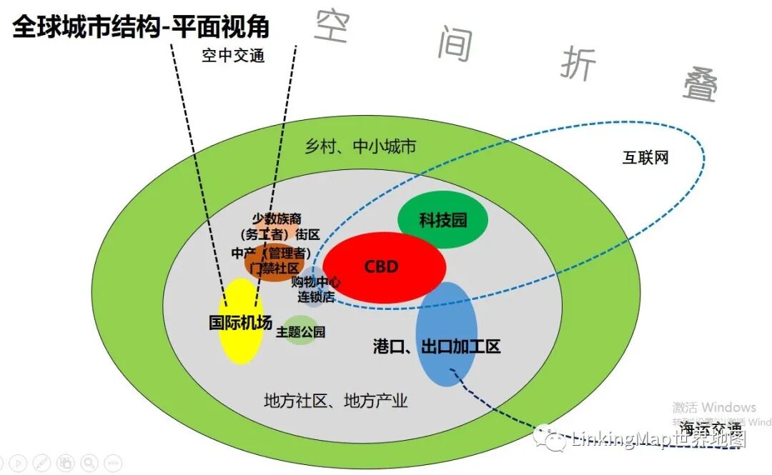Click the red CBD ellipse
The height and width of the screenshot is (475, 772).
385,266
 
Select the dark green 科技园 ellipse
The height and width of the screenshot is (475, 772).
442,219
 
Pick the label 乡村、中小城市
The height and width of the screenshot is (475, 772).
360,147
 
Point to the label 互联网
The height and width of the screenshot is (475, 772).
645,158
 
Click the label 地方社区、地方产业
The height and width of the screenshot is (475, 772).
335,401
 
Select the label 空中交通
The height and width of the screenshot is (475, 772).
233,56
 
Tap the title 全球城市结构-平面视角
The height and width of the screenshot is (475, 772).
141,26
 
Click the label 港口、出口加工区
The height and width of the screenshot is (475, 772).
437,347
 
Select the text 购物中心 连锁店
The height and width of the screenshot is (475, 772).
315,289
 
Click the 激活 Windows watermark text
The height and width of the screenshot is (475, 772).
713,407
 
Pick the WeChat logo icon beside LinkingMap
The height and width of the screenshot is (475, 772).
553,438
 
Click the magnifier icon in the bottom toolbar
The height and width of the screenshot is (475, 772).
89,463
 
